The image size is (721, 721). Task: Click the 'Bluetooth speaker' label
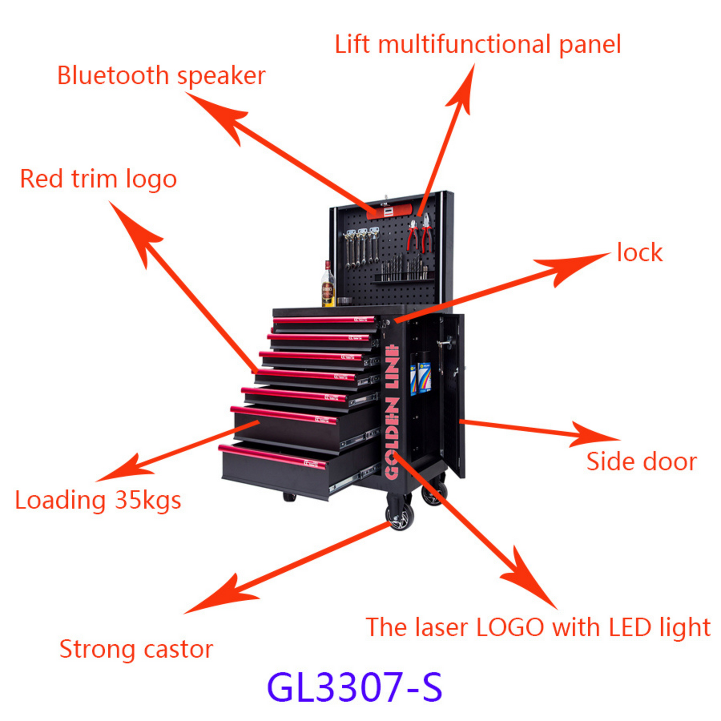pos(161,76)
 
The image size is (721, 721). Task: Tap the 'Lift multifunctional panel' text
pos(478,45)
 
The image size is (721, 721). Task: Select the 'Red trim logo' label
pos(98,180)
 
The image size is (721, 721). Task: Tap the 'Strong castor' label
pos(136,650)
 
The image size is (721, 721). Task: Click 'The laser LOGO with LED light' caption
pos(538,627)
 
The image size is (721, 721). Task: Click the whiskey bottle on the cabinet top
pos(328,284)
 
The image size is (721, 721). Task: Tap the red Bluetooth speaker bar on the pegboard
pos(389,212)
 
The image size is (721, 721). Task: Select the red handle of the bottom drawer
pos(272,456)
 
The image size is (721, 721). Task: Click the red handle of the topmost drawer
pos(324,319)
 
